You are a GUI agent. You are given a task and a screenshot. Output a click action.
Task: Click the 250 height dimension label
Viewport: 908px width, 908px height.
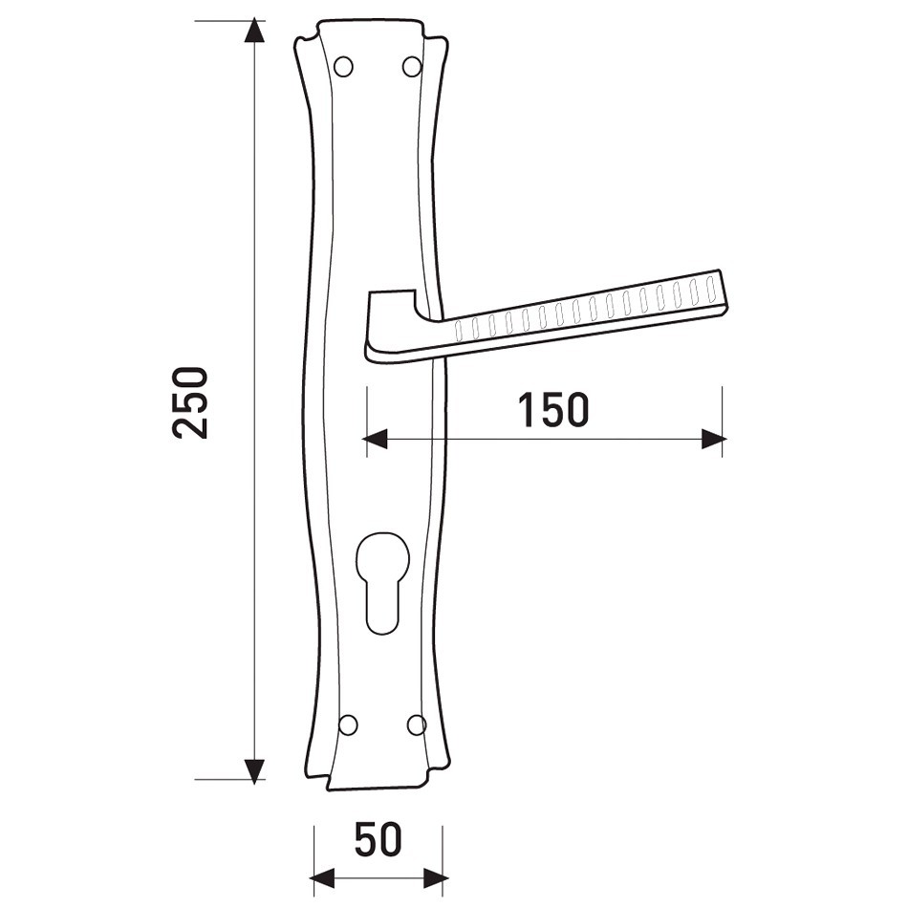pyautogui.click(x=189, y=402)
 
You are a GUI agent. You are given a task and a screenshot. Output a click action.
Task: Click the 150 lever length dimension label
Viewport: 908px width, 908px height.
pyautogui.click(x=553, y=409)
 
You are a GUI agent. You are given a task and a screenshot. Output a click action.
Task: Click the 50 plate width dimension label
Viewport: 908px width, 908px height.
pyautogui.click(x=378, y=839)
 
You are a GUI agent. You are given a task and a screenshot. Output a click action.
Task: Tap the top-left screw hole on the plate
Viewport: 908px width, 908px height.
pyautogui.click(x=343, y=67)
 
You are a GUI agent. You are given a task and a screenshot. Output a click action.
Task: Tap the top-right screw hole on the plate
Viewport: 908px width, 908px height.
pyautogui.click(x=412, y=66)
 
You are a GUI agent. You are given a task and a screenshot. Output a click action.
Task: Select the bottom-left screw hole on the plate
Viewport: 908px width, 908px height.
pyautogui.click(x=348, y=724)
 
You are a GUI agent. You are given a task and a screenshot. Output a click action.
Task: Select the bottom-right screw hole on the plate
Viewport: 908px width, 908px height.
pyautogui.click(x=417, y=724)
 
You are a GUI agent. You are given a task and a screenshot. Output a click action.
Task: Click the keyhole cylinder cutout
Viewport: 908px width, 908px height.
pyautogui.click(x=382, y=582)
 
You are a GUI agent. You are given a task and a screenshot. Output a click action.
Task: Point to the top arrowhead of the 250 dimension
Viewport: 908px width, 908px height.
pyautogui.click(x=253, y=31)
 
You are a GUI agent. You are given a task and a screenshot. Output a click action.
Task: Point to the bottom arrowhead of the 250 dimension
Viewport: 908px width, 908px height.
pyautogui.click(x=253, y=771)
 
